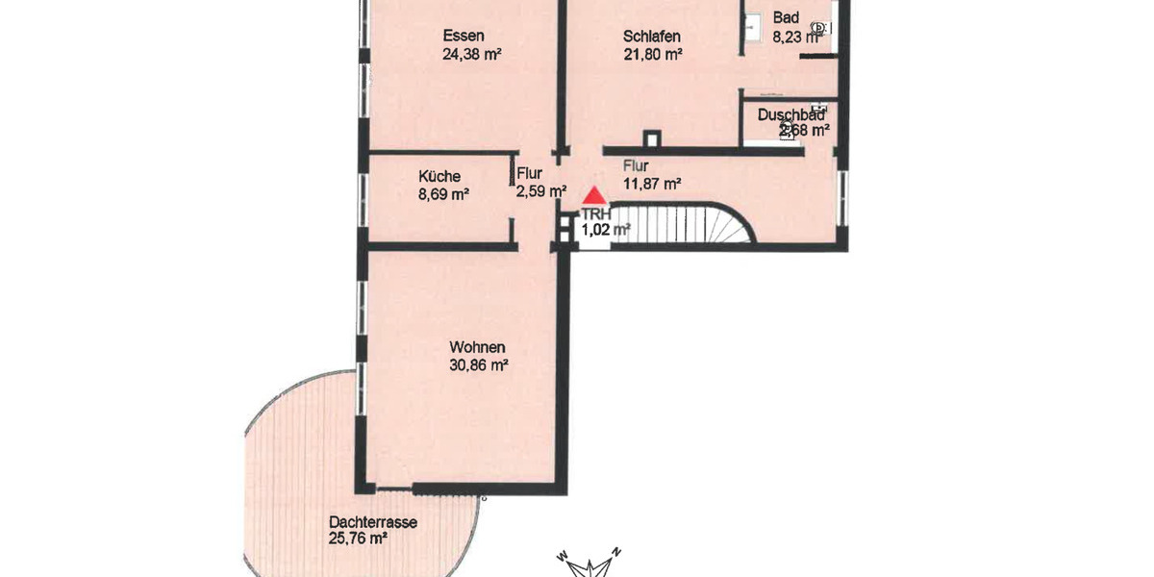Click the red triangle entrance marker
pyautogui.click(x=594, y=195)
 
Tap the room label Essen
pyautogui.click(x=464, y=37)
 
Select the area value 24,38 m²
pyautogui.click(x=471, y=55)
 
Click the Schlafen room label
pyautogui.click(x=652, y=37)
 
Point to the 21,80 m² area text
pyautogui.click(x=653, y=55)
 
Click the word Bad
pyautogui.click(x=786, y=18)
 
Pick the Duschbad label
pyautogui.click(x=790, y=114)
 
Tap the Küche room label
pyautogui.click(x=439, y=176)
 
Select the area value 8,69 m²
pyautogui.click(x=443, y=193)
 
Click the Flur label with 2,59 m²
pyautogui.click(x=530, y=174)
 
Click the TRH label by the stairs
pyautogui.click(x=593, y=214)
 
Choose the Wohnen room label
pyautogui.click(x=477, y=347)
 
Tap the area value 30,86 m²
pyautogui.click(x=478, y=364)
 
